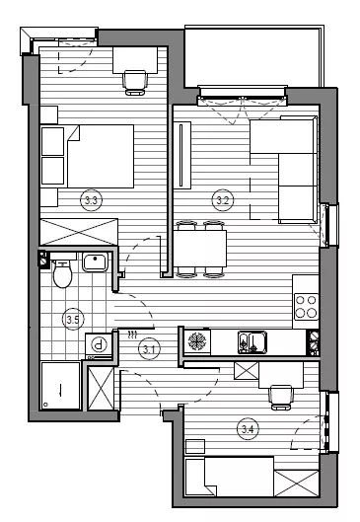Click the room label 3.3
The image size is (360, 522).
(x=91, y=200)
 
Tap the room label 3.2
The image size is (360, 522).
(x=223, y=200)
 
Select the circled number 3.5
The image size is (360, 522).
(x=73, y=320)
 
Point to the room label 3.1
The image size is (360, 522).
(x=149, y=349)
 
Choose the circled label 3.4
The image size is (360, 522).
(x=248, y=429)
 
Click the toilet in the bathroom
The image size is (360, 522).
(x=62, y=270)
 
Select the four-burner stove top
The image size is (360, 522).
(x=306, y=307)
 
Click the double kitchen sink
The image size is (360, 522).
(x=252, y=341)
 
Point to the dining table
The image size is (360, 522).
(x=200, y=249)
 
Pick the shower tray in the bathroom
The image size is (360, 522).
(x=60, y=386)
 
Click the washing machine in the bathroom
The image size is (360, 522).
(x=99, y=345)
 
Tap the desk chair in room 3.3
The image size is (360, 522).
(x=135, y=82)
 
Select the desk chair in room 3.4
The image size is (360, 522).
(x=281, y=398)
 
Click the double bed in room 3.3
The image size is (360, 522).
(x=87, y=156)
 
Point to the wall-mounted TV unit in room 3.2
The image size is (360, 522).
(x=182, y=155)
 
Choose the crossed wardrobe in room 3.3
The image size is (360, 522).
(x=79, y=232)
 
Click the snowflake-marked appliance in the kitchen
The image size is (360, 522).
(x=197, y=341)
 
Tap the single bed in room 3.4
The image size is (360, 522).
(x=229, y=478)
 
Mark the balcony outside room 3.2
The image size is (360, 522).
(x=253, y=56)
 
